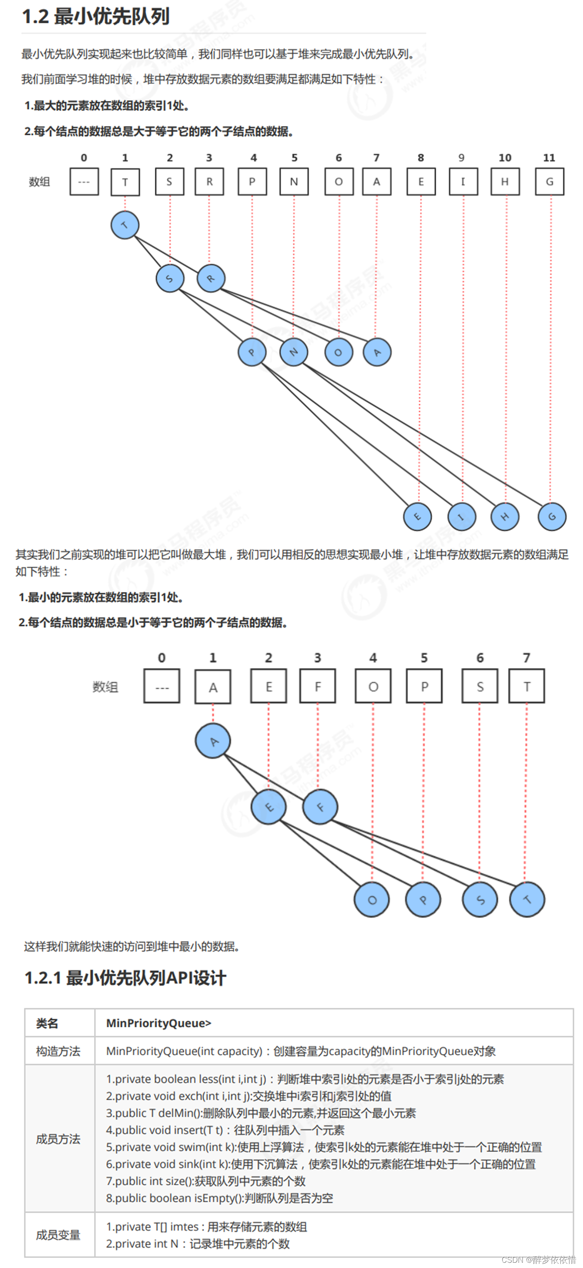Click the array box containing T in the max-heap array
[125, 181]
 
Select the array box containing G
[549, 181]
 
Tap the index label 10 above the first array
[505, 158]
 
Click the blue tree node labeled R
[211, 278]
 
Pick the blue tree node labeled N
[293, 352]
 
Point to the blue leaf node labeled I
[462, 517]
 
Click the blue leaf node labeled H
[505, 517]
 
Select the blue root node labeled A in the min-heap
[213, 741]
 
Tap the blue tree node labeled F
[320, 807]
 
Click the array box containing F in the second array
[317, 686]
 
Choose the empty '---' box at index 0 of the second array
[162, 686]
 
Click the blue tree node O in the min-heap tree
[372, 900]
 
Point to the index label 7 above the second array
[526, 657]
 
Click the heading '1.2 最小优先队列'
[96, 16]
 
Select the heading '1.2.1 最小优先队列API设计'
[125, 978]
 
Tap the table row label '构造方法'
[58, 1051]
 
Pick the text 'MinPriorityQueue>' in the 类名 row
[158, 1023]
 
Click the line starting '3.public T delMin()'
[261, 1114]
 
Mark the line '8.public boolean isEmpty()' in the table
[219, 1198]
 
